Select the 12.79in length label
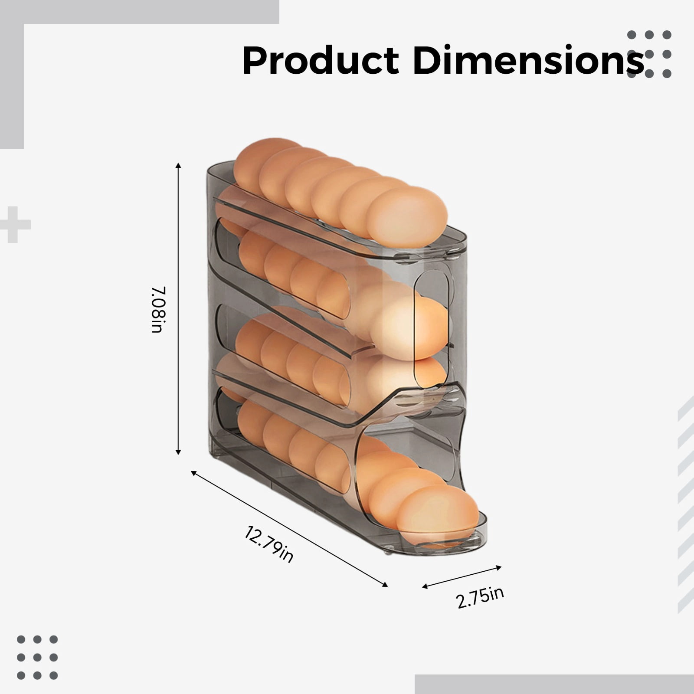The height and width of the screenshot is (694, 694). [268, 544]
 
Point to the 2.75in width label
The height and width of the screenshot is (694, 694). [480, 598]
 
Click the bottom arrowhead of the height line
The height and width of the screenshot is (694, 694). [178, 452]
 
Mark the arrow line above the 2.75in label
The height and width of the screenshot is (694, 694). [462, 577]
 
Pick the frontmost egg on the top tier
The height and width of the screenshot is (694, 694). [406, 217]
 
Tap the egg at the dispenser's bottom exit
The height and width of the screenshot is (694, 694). [438, 514]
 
